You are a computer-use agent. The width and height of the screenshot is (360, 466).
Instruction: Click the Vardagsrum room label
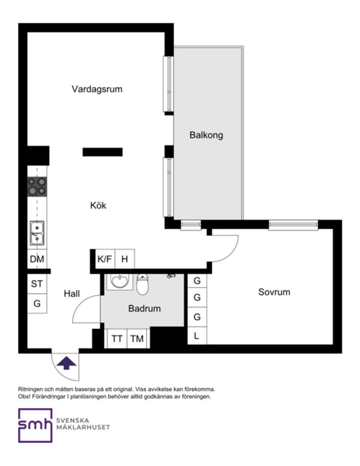point(97,89)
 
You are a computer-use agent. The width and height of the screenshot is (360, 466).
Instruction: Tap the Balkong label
point(206,135)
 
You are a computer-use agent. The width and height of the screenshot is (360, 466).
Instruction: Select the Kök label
point(98,205)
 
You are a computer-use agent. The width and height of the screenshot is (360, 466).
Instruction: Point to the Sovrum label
point(274,292)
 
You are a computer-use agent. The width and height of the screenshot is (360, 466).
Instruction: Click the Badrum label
point(144,308)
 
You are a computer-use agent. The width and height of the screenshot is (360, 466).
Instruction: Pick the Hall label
point(72,294)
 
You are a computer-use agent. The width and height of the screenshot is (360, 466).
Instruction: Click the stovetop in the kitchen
point(37,187)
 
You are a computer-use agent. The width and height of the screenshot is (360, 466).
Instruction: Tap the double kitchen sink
point(37,233)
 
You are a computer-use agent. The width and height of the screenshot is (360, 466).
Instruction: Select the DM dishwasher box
point(37,259)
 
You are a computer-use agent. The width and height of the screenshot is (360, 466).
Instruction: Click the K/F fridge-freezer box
point(105,259)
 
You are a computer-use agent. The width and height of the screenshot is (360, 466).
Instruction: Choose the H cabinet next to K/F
point(124,259)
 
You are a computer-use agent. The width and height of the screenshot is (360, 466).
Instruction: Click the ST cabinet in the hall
point(37,284)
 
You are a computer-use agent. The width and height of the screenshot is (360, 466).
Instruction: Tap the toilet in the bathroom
point(142,284)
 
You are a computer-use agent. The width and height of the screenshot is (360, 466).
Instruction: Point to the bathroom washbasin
point(119,281)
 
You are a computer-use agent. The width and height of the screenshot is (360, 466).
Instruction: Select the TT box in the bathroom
point(117,339)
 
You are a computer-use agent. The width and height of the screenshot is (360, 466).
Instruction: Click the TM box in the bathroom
point(137,339)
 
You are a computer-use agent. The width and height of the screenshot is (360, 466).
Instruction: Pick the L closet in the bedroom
point(196,336)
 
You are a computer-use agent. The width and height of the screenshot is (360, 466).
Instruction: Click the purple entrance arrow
point(66,363)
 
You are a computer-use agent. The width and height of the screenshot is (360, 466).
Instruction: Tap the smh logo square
point(35,425)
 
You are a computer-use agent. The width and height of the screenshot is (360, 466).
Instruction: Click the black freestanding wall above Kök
point(102,152)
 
